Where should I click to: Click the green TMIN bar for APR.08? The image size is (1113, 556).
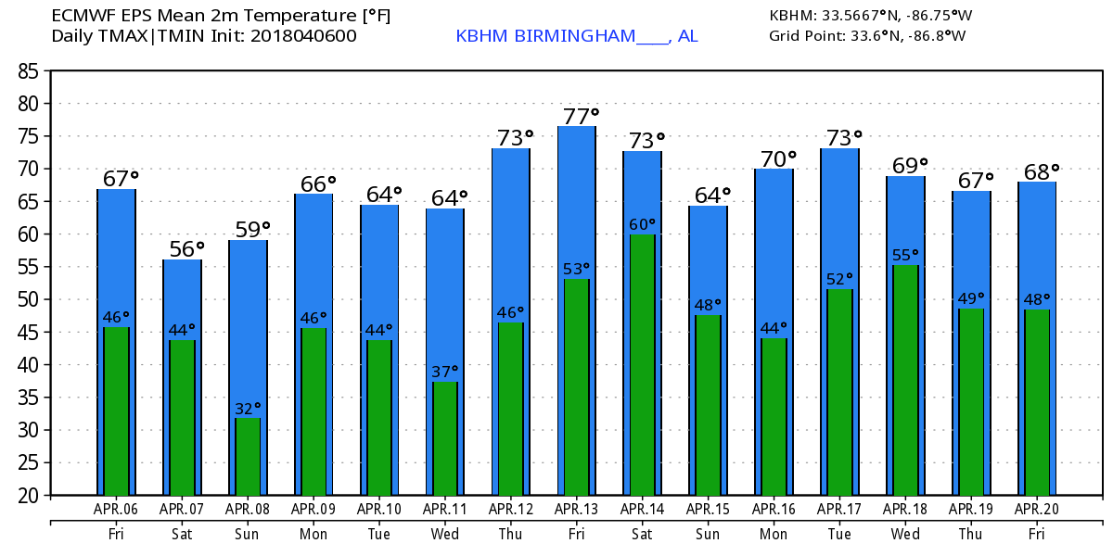tap(248, 456)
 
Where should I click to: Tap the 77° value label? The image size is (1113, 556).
tap(582, 116)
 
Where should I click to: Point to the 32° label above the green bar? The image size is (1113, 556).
tap(247, 408)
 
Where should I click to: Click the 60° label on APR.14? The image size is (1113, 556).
tap(642, 224)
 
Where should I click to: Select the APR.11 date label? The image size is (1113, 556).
tap(445, 509)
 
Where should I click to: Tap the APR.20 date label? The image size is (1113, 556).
tap(1037, 509)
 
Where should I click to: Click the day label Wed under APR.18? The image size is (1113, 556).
tap(905, 535)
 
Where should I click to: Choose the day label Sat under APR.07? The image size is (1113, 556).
tap(182, 535)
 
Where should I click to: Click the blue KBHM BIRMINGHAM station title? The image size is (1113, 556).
tap(576, 36)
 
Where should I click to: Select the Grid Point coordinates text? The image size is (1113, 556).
tap(867, 36)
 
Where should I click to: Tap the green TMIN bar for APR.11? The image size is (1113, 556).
tap(445, 438)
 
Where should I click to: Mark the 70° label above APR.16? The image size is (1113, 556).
tap(779, 159)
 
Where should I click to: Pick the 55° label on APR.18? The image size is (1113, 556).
tap(905, 254)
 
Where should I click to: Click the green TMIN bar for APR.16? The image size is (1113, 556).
tap(774, 417)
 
